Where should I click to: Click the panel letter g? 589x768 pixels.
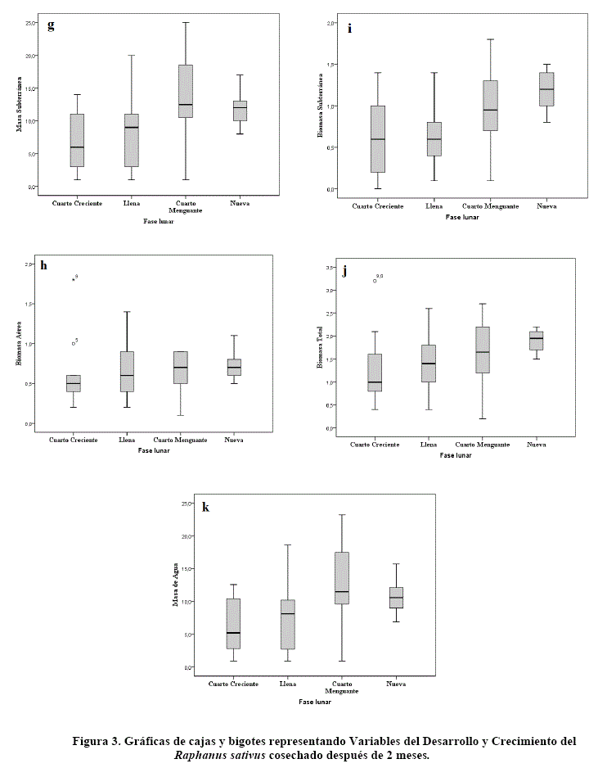[51, 25]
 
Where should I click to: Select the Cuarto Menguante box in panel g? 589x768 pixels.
[186, 91]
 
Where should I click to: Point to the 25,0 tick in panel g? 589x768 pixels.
[30, 23]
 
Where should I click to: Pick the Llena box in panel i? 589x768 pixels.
[434, 139]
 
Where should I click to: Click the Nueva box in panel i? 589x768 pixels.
[541, 89]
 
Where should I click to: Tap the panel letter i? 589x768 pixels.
[350, 28]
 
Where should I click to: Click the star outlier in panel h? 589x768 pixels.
[73, 279]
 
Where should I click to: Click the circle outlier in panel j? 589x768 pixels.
[375, 281]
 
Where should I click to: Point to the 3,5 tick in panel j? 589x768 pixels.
[330, 268]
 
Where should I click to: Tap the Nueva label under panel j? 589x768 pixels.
[536, 445]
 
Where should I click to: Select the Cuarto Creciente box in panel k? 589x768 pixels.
[234, 624]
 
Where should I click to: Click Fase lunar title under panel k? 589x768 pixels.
[315, 702]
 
